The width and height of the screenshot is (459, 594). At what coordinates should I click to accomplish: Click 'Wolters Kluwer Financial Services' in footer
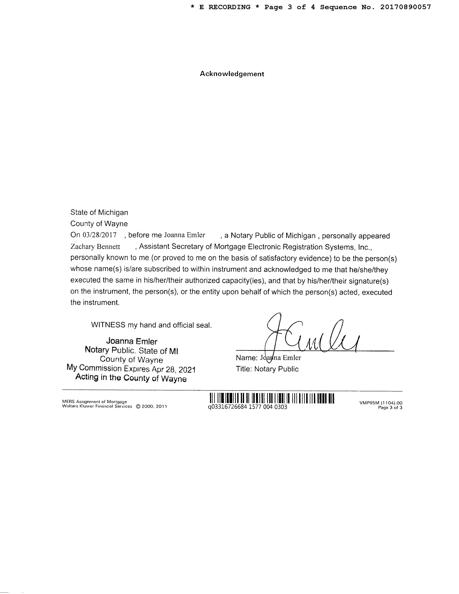point(97,406)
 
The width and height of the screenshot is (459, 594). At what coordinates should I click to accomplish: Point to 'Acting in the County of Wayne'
point(131,378)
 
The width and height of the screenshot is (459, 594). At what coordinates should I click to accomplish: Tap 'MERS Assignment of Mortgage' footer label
point(94,402)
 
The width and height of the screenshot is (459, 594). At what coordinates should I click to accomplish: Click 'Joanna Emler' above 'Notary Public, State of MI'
point(132,341)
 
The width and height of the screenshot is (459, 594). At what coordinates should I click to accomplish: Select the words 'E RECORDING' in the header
point(225,7)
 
